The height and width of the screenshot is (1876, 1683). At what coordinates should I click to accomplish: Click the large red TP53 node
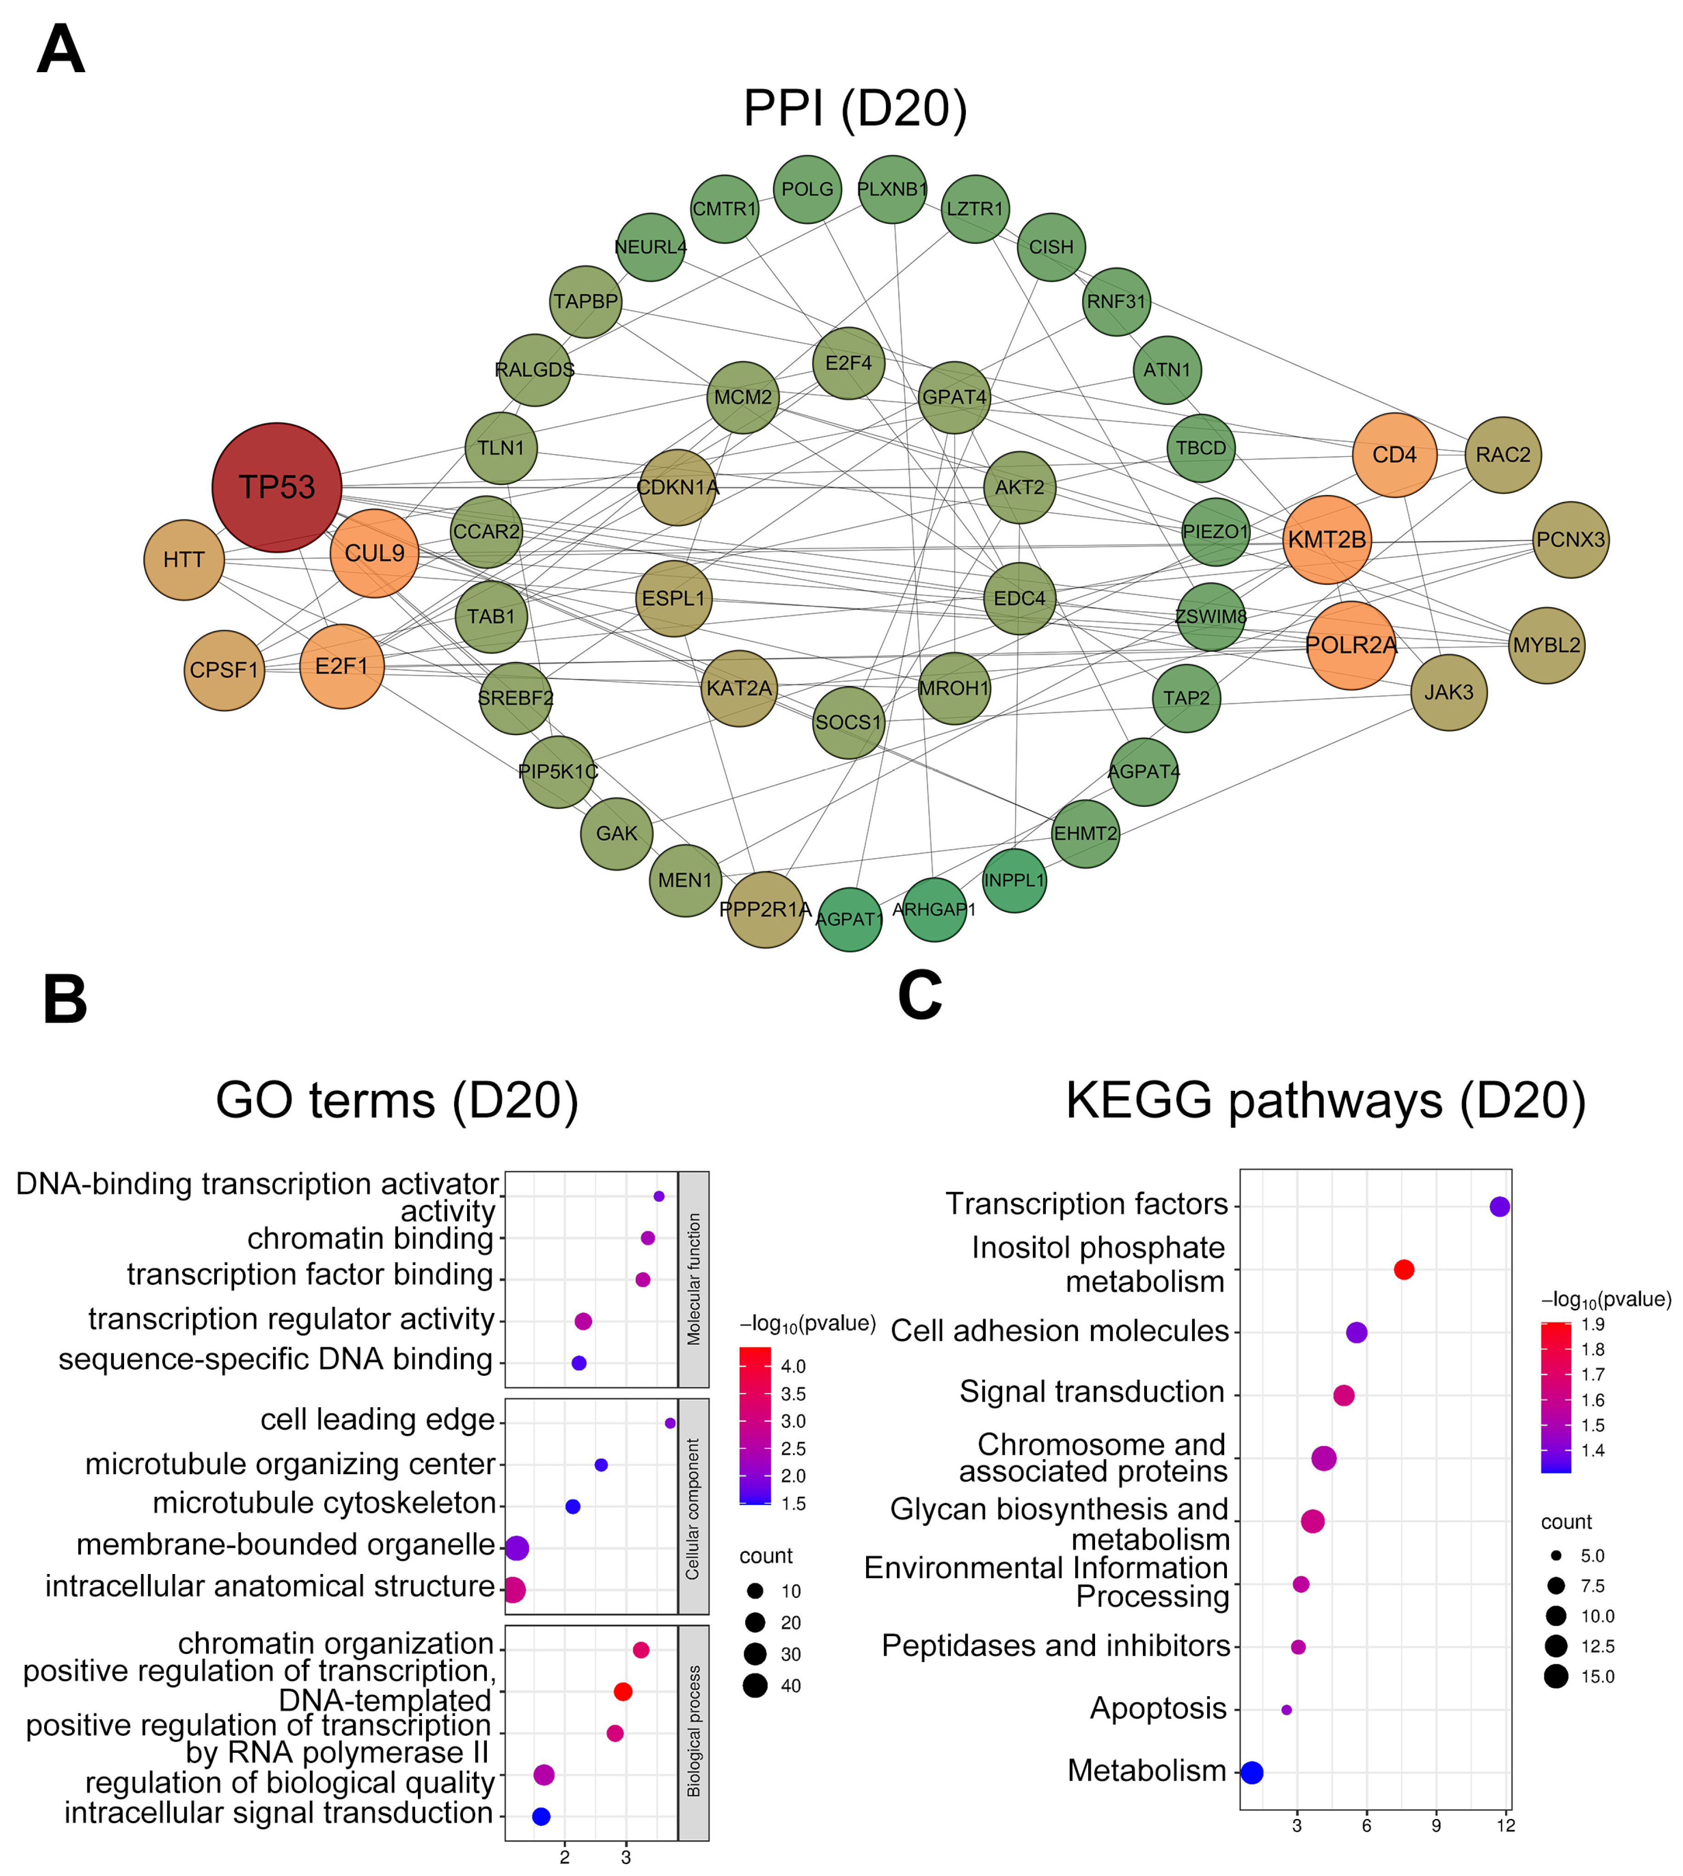pos(276,487)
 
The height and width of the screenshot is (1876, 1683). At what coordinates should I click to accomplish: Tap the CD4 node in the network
pos(1393,455)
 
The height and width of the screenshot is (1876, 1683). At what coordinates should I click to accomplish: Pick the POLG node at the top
pos(807,189)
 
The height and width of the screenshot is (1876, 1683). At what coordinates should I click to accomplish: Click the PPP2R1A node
pos(765,910)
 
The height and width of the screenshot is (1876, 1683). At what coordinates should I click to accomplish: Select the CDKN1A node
pos(678,487)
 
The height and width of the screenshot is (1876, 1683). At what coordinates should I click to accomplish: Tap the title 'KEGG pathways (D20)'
pos(1325,1100)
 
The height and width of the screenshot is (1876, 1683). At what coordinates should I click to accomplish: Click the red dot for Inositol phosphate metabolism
pos(1403,1270)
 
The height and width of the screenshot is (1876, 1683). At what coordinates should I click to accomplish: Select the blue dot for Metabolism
pos(1251,1773)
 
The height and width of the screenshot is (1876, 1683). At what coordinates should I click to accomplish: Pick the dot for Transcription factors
pos(1499,1207)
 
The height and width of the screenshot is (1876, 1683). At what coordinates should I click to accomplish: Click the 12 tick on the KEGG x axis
pos(1506,1825)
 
